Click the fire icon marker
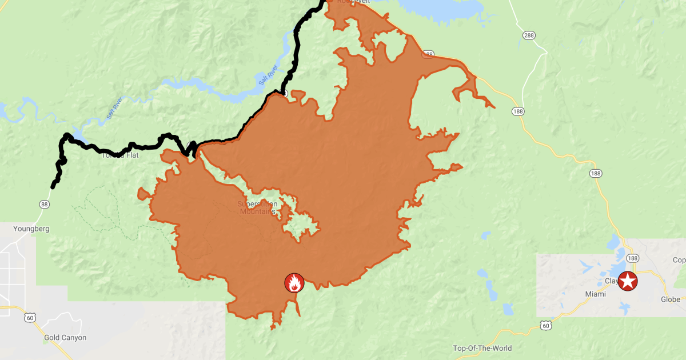[x=294, y=282]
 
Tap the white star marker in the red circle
[x=628, y=281]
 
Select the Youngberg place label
[x=31, y=229]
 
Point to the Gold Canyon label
[x=65, y=338]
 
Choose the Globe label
[x=670, y=299]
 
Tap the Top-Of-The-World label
[x=482, y=348]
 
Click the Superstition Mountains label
[x=258, y=207]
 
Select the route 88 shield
[x=44, y=204]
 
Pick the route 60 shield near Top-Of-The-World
[x=546, y=325]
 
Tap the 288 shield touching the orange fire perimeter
[x=428, y=54]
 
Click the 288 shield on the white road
[x=528, y=35]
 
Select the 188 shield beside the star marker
[x=633, y=258]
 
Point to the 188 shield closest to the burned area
[x=517, y=111]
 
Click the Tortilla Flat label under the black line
[x=121, y=155]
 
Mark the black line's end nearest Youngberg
[x=53, y=186]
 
